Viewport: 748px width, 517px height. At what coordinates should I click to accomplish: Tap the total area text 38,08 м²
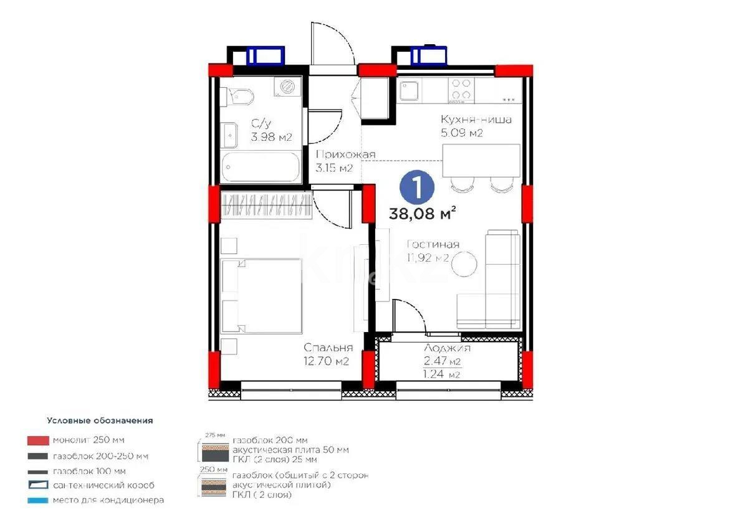click(422, 214)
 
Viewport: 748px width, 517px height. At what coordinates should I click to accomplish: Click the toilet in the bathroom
click(241, 95)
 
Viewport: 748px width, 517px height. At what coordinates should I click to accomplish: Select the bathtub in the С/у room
click(261, 167)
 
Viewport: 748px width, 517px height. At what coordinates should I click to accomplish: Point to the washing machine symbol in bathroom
click(287, 87)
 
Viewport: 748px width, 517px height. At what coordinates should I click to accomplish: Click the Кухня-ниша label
click(476, 119)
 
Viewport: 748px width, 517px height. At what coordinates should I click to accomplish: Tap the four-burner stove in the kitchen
click(462, 88)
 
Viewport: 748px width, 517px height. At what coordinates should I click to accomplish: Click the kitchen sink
click(410, 92)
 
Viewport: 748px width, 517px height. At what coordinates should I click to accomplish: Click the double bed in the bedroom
click(262, 295)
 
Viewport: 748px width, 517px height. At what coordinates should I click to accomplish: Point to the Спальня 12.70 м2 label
click(328, 354)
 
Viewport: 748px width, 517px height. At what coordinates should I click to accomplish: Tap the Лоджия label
click(447, 349)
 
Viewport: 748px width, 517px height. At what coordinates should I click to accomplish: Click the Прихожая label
click(345, 154)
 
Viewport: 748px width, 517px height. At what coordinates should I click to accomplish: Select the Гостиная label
click(433, 245)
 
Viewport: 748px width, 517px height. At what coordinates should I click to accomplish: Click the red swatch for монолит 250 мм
click(37, 440)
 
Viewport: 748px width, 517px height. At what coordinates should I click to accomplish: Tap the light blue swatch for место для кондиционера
click(37, 500)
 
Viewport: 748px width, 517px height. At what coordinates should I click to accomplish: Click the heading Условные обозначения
click(99, 420)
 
